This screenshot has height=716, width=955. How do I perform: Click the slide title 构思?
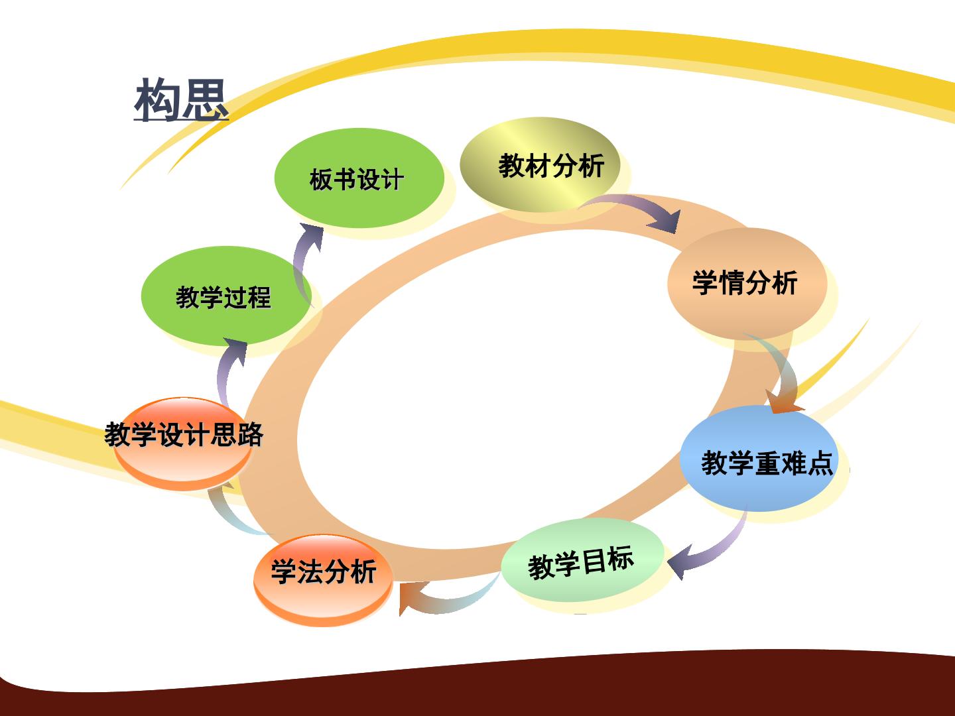[181, 99]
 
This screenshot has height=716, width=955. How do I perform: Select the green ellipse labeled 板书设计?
[359, 178]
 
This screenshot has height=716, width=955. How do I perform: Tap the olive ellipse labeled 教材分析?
[540, 165]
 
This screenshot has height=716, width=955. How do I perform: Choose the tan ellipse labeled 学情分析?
[747, 284]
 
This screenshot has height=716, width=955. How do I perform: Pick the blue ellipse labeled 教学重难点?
[759, 459]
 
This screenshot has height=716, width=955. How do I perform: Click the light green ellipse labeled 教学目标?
[582, 560]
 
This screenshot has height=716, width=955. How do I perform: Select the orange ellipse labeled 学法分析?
[323, 579]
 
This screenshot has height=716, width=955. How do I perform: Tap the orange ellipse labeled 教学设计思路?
[183, 444]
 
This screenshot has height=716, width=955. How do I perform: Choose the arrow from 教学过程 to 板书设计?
[301, 261]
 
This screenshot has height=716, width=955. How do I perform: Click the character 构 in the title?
[157, 99]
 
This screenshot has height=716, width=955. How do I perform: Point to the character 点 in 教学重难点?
[819, 463]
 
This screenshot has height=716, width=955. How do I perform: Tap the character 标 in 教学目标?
[621, 558]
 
